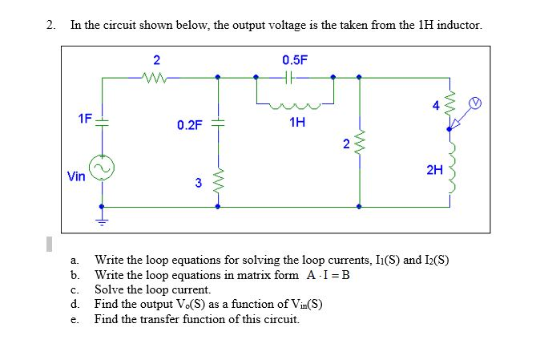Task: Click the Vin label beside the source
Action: (76, 176)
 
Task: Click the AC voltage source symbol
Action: (102, 167)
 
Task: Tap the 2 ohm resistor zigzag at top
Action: (155, 78)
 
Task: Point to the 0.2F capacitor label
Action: (190, 124)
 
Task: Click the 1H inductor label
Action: (297, 122)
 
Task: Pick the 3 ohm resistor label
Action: (197, 183)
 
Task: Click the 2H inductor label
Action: (433, 170)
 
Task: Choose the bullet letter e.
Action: (74, 319)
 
